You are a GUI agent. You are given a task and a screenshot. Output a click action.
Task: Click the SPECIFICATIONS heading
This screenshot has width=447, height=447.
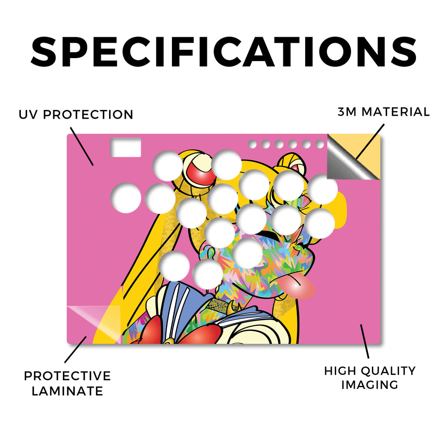point(223,52)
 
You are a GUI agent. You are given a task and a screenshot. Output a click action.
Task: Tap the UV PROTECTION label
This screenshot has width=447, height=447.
point(76,115)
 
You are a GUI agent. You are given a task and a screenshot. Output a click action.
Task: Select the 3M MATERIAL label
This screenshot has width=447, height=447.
point(384,112)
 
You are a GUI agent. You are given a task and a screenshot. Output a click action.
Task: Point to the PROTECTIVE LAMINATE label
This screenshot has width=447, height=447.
point(67,383)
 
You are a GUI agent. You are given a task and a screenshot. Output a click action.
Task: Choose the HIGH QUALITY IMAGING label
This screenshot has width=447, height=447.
point(370,378)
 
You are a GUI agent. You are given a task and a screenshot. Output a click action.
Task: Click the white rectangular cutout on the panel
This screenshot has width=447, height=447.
point(126,148)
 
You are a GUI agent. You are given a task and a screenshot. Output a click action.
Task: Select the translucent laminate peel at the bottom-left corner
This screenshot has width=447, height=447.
point(94,325)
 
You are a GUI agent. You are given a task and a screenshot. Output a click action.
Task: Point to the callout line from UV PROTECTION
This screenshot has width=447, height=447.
point(82,147)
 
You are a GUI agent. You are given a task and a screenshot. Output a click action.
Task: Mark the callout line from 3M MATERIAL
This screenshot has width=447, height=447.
point(370,141)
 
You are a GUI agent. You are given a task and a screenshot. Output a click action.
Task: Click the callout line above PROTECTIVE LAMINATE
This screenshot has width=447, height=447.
point(75,350)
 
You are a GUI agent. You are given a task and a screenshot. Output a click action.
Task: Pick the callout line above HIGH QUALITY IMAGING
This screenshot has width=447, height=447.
point(364,341)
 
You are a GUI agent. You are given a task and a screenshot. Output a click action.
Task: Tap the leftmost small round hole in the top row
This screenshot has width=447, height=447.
point(252,144)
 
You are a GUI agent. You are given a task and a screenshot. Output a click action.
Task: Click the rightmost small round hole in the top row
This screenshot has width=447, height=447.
point(320,144)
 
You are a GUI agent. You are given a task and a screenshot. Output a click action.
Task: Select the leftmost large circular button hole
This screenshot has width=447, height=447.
point(126,198)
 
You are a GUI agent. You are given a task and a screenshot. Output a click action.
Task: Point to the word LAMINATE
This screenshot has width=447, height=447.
point(67,391)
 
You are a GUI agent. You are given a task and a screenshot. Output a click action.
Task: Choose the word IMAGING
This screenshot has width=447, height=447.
point(370,385)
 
